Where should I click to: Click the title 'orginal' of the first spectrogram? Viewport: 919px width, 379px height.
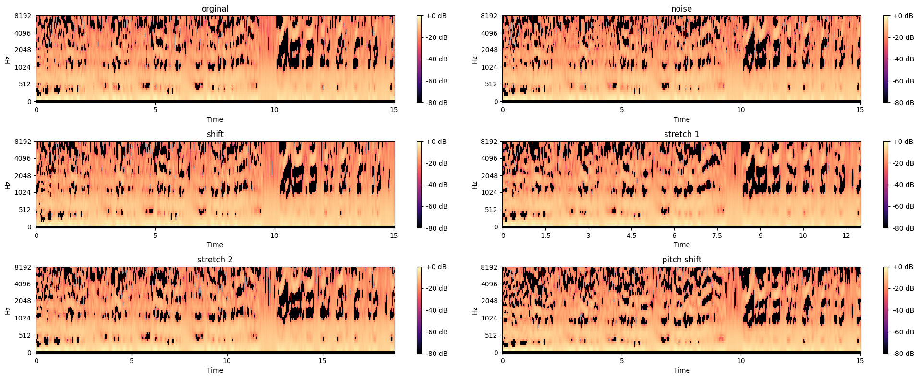coord(215,9)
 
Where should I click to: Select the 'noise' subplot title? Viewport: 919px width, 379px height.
coord(681,9)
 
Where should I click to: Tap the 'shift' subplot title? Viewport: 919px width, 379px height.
coord(215,134)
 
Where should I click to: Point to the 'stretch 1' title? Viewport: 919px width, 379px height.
coord(681,134)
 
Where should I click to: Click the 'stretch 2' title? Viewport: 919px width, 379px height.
coord(215,260)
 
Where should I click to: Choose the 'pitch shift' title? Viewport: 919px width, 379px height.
coord(681,260)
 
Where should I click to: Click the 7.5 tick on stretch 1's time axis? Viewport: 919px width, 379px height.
coord(717,236)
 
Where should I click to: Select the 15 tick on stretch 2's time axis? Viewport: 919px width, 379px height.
coord(322,361)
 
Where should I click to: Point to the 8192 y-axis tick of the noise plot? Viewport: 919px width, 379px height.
coord(489,16)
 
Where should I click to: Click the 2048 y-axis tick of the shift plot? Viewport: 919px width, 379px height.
coord(23,176)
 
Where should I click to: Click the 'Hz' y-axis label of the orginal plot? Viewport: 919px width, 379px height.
coord(8,59)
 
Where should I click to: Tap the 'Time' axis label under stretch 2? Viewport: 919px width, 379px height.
coord(215,370)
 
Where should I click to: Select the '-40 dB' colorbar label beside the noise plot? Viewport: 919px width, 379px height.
coord(903,59)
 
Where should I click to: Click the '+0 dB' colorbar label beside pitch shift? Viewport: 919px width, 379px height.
coord(903,267)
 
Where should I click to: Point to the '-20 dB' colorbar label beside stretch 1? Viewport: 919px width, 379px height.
coord(903,163)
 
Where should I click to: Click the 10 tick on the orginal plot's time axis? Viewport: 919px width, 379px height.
coord(274,110)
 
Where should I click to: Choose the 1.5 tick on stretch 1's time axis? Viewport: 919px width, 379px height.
coord(545,236)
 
